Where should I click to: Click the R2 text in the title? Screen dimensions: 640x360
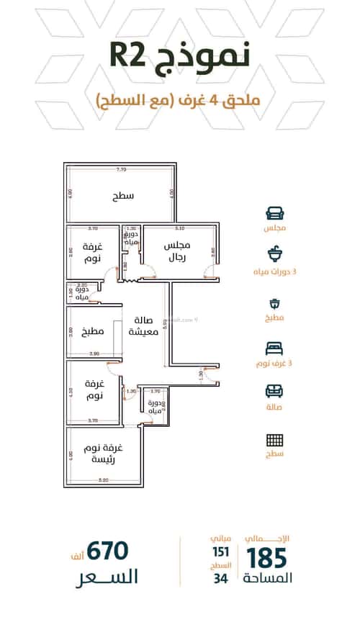coord(131,56)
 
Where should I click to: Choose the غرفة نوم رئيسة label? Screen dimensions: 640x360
coord(105,454)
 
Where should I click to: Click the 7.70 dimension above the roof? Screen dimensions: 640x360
coord(122,170)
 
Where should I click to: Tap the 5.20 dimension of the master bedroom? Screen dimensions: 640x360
coord(104,480)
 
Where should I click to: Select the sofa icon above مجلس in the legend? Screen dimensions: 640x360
coord(274,213)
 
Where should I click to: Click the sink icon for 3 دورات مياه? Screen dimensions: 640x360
coord(274,253)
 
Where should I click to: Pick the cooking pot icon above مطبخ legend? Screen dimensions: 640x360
coord(274,303)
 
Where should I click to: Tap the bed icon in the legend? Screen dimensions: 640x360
coord(274,348)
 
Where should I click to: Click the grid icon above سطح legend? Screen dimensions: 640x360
coord(274,440)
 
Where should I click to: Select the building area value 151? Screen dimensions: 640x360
coord(220,552)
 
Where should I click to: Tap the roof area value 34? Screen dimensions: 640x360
coord(220,578)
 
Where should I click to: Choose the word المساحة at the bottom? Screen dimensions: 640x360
coord(268,579)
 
